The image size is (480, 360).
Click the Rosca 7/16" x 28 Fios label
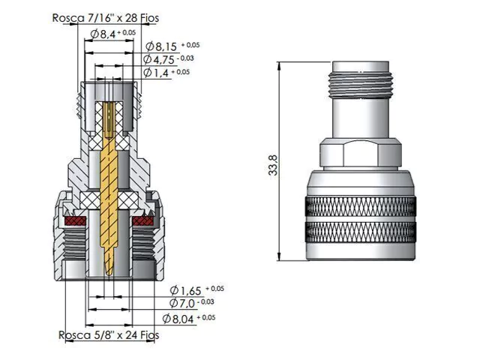pos(106,18)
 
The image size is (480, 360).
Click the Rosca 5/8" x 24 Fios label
pos(109,335)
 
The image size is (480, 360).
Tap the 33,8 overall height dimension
pos(273,165)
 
